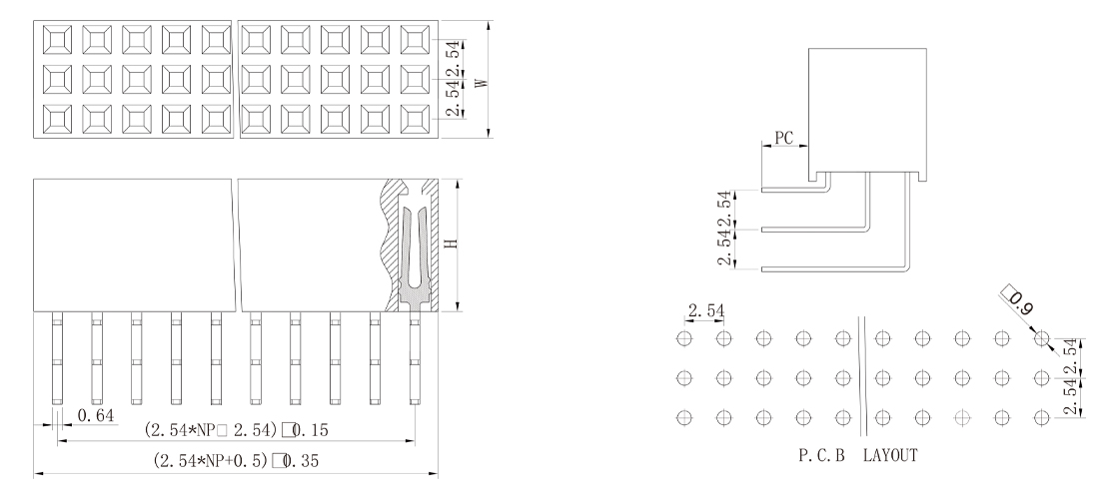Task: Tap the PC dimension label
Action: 784,139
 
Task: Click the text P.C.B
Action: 819,455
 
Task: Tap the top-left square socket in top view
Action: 56,39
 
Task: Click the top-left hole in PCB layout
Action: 684,339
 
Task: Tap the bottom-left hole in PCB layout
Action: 684,416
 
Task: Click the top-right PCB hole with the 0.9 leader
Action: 1042,339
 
